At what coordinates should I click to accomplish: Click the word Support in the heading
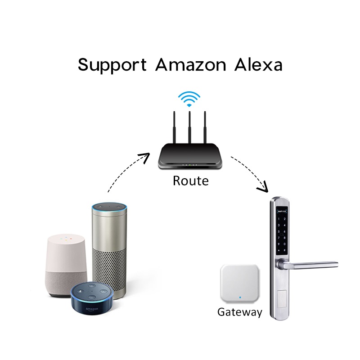tap(112, 65)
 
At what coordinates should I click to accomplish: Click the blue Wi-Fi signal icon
tap(189, 98)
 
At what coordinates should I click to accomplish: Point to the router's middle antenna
tap(190, 128)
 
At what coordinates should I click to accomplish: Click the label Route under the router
tap(191, 181)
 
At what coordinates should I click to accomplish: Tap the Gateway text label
tap(239, 312)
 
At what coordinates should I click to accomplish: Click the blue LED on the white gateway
tap(241, 297)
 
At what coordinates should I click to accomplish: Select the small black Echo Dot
tap(93, 301)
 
